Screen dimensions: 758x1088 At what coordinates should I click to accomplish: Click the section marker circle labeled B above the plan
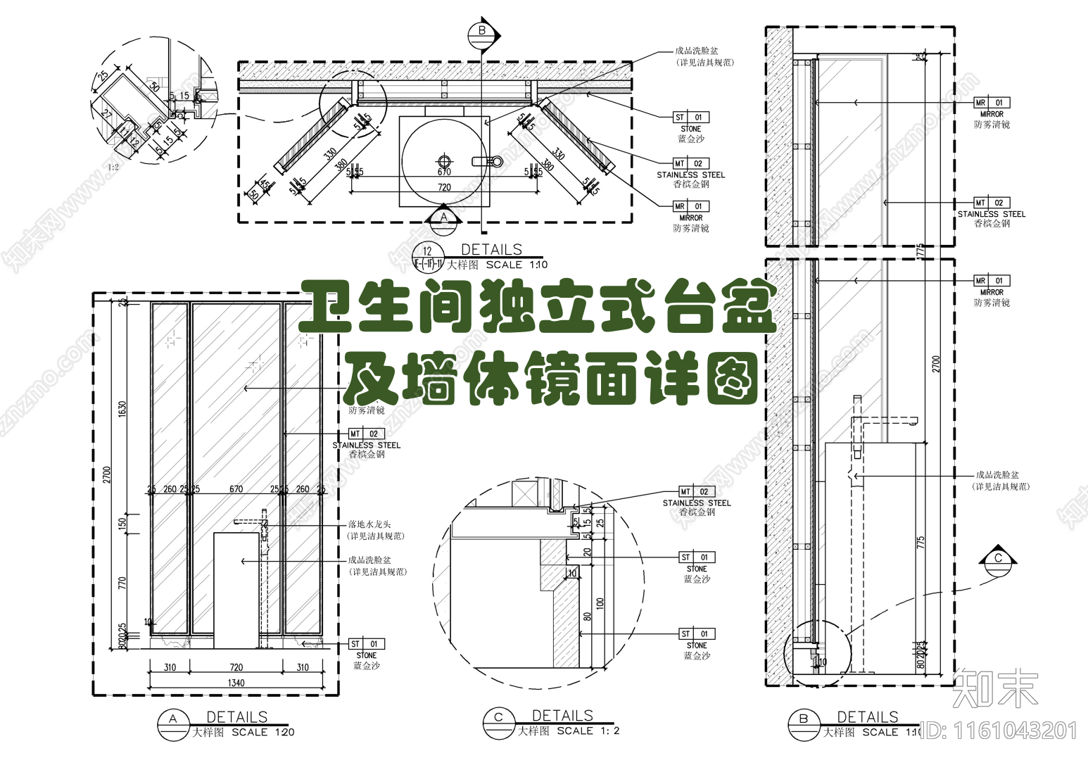coord(482,31)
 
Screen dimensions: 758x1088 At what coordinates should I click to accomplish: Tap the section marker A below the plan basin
coord(443,217)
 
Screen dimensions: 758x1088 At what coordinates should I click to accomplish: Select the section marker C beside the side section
coord(998,559)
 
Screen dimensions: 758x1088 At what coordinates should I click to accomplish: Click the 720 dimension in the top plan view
coord(444,187)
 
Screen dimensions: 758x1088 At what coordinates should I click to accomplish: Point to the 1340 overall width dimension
coord(236,683)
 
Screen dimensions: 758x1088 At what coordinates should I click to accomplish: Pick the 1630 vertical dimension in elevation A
coord(122,409)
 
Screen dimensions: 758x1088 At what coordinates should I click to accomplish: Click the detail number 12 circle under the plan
coord(427,251)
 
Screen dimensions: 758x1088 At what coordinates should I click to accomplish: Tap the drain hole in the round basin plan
coord(444,160)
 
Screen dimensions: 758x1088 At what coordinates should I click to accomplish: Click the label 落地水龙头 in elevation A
coord(369,524)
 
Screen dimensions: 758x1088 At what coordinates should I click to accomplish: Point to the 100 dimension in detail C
coord(600,603)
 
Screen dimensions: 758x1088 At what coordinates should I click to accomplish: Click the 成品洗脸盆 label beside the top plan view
coord(697,51)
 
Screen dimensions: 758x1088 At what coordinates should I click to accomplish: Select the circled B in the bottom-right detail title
coord(804,719)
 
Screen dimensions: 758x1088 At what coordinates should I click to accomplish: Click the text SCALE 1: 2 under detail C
coord(588,731)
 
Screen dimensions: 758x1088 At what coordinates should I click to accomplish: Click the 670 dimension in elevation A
coord(236,489)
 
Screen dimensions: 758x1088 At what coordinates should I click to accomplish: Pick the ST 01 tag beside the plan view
coord(690,118)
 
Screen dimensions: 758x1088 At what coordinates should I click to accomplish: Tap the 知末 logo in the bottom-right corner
coord(995,688)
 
